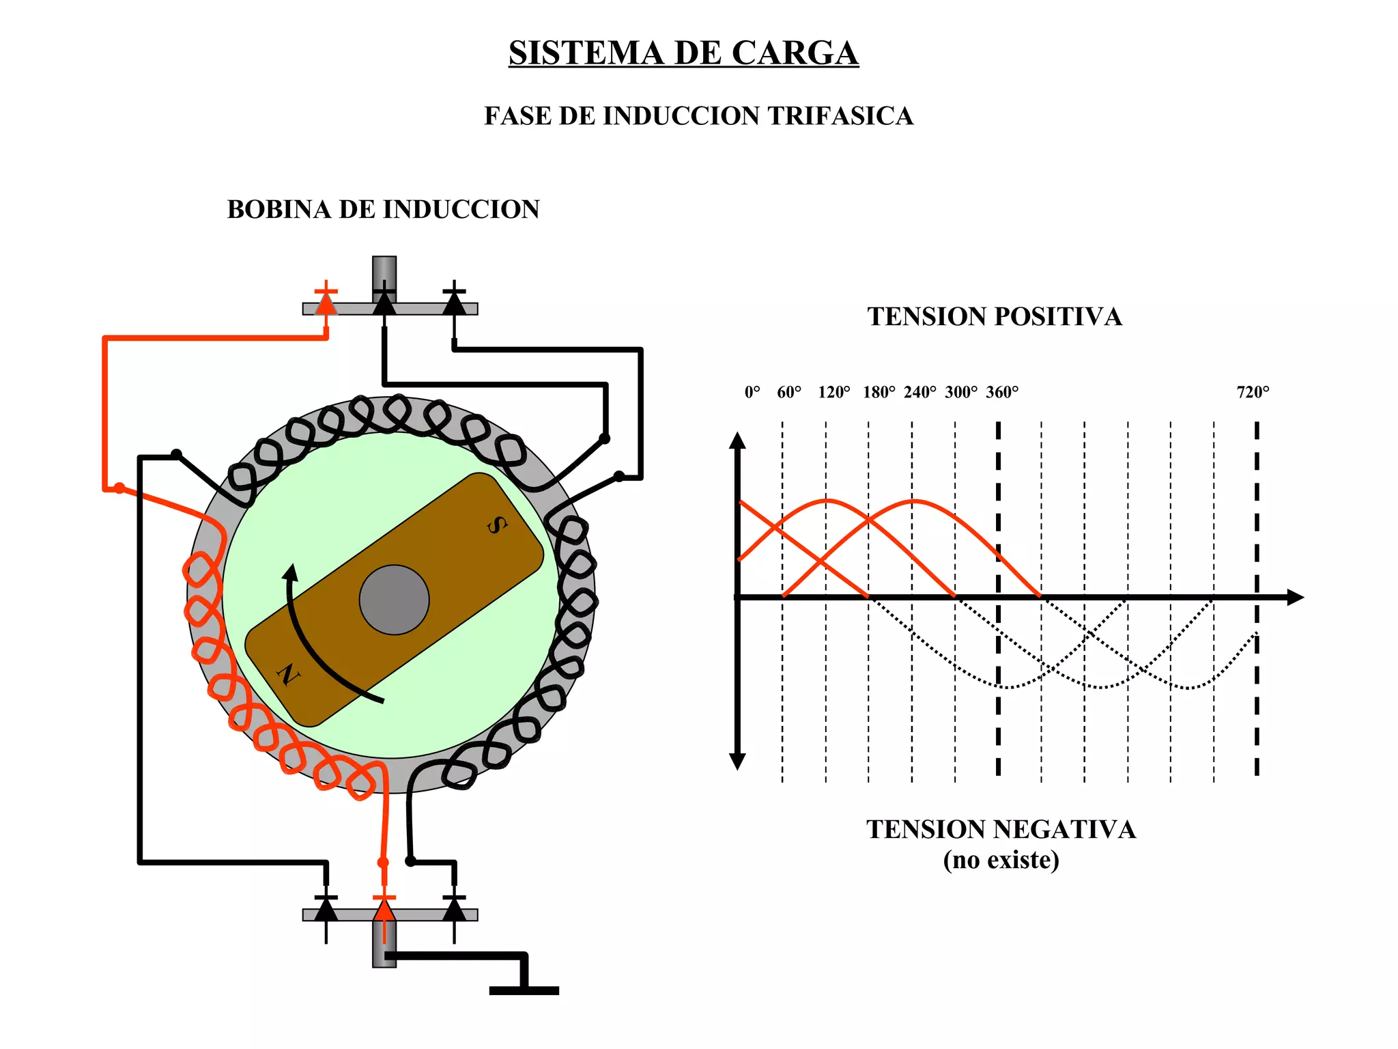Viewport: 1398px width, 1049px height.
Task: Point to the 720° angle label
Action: (1253, 392)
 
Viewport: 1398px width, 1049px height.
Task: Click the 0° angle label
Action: (752, 392)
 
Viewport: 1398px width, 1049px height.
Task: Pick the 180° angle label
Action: (879, 392)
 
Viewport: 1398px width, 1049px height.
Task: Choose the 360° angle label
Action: (1001, 392)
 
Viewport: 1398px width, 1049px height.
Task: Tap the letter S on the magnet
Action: (497, 524)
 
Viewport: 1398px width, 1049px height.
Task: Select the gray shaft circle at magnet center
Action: (394, 600)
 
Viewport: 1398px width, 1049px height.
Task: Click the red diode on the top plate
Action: (326, 303)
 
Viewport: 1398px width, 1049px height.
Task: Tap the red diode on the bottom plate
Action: (384, 910)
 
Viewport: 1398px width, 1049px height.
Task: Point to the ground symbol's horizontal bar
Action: (524, 990)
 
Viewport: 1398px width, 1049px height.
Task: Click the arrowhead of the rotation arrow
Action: (291, 572)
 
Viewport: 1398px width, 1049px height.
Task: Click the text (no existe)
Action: (1001, 860)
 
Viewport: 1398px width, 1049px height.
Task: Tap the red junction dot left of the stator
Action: (119, 488)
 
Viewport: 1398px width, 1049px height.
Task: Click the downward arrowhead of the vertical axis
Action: (737, 761)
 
